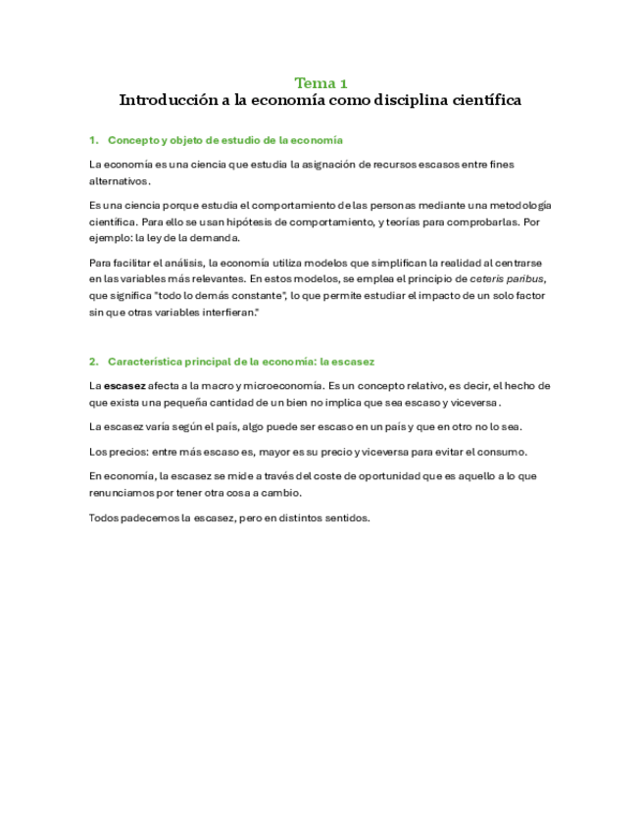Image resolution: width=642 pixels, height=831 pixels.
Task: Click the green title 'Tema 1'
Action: pyautogui.click(x=321, y=83)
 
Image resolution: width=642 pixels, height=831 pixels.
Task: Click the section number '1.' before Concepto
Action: pyautogui.click(x=93, y=140)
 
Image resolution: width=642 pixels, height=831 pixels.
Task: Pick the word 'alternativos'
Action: pyautogui.click(x=119, y=180)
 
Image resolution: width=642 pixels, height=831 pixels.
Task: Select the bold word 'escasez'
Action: pyautogui.click(x=124, y=385)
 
